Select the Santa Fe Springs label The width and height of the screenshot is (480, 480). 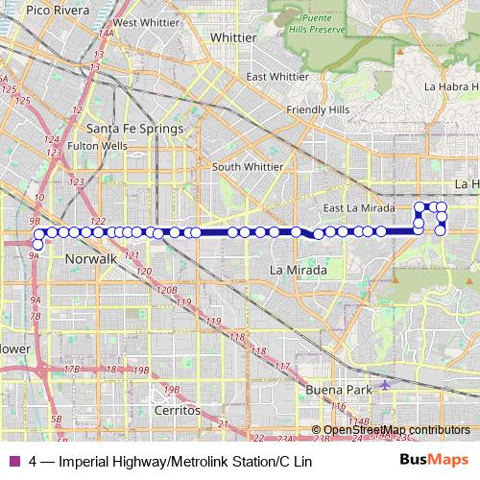tap(134, 128)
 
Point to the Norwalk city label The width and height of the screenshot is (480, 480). tap(90, 259)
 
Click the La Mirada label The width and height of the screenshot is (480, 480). tap(299, 270)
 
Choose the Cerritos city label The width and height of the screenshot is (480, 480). tap(177, 410)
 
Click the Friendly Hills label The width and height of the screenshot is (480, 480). tap(318, 110)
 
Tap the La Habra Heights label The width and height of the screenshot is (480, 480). tap(444, 86)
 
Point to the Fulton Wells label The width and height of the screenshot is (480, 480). tap(97, 146)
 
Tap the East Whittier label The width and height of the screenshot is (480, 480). tap(276, 77)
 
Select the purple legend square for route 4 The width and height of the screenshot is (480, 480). tap(12, 461)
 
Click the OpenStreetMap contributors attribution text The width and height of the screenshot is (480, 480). tap(396, 429)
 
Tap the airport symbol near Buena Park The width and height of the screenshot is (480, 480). tap(386, 384)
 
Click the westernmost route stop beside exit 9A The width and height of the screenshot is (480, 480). tap(37, 244)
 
